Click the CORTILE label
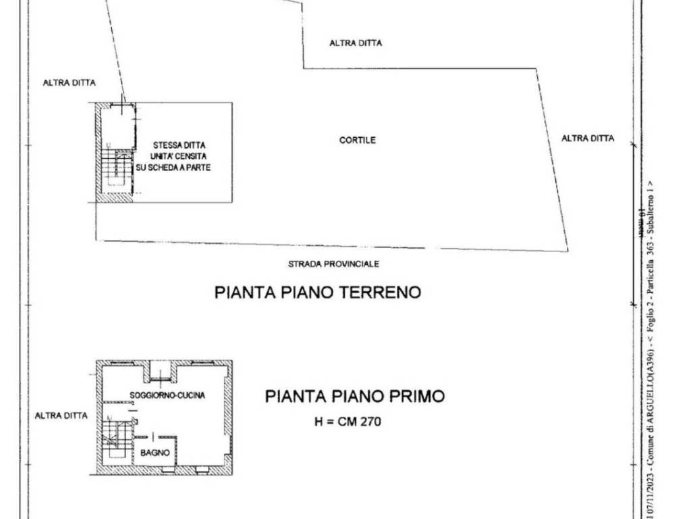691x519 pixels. [357, 141]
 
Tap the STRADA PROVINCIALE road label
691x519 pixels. [333, 264]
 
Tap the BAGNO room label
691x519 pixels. [155, 453]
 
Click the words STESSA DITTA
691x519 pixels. [179, 145]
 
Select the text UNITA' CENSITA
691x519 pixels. [179, 156]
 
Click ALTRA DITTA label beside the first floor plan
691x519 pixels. [61, 416]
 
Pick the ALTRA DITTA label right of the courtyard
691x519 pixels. [588, 139]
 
